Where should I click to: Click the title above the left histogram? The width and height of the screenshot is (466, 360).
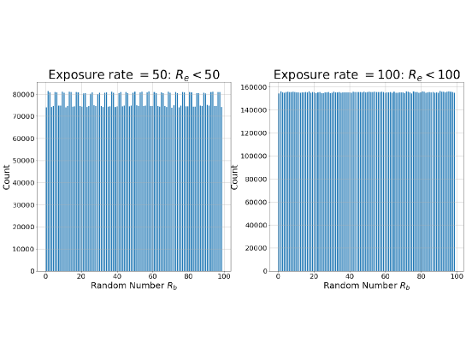[x=134, y=74]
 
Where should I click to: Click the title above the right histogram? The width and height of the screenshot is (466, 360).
[x=366, y=74]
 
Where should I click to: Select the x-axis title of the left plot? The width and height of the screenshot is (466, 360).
[x=134, y=286]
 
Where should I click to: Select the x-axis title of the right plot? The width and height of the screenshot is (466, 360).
[x=366, y=286]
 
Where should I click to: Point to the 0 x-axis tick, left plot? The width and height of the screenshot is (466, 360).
[x=46, y=277]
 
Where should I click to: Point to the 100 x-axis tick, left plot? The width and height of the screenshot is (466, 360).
[x=225, y=277]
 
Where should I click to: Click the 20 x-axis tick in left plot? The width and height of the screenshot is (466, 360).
[x=81, y=277]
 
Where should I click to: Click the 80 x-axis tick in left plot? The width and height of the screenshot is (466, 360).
[x=189, y=277]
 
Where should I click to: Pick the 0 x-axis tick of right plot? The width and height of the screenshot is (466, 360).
[x=277, y=277]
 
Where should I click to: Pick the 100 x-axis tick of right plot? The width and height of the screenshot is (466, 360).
[x=456, y=277]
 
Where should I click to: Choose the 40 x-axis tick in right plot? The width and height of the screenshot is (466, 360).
[x=349, y=277]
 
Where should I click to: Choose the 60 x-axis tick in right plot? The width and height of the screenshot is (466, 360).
[x=385, y=277]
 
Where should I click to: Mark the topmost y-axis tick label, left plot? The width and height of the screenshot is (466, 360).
[x=24, y=93]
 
